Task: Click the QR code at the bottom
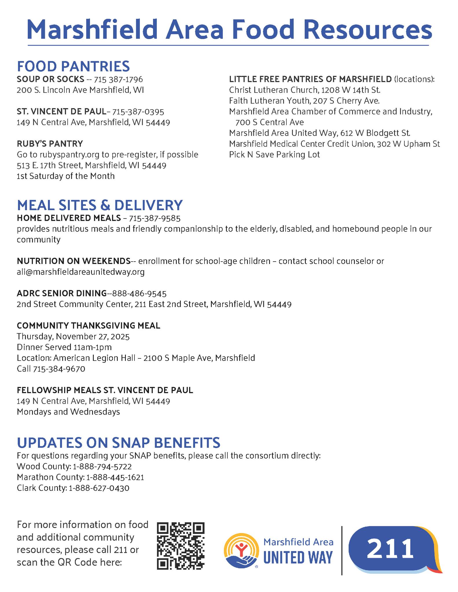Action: [x=181, y=546]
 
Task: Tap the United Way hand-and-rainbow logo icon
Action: [x=241, y=550]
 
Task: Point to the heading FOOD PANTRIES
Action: [x=73, y=66]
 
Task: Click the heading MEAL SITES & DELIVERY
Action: [x=100, y=205]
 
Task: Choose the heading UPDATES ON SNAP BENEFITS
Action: [x=119, y=442]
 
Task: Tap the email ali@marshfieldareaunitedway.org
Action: [x=81, y=272]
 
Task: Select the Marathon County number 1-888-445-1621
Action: [x=115, y=477]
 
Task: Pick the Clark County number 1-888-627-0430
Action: [x=99, y=488]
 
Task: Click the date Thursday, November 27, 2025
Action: [x=73, y=336]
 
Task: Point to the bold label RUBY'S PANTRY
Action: [x=50, y=144]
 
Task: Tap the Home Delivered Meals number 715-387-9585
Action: [x=154, y=218]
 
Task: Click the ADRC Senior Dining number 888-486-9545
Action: [x=139, y=294]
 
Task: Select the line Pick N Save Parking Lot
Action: [x=274, y=155]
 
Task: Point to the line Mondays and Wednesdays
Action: [x=68, y=412]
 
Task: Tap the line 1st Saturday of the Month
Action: [x=66, y=176]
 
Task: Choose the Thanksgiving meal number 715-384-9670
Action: [x=59, y=369]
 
